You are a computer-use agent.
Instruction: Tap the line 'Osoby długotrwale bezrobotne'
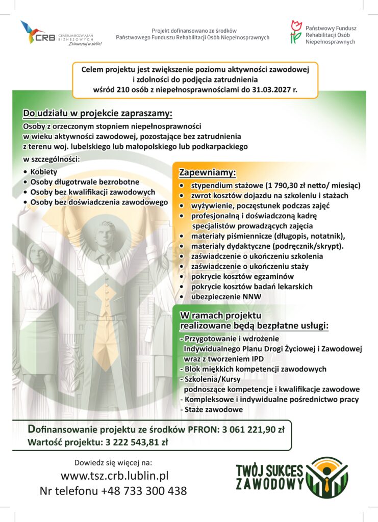tap(85, 182)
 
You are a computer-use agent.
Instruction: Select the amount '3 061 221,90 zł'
tap(253, 429)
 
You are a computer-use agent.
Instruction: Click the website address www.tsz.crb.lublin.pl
tap(114, 476)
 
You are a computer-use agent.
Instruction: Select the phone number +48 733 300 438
tap(144, 491)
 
